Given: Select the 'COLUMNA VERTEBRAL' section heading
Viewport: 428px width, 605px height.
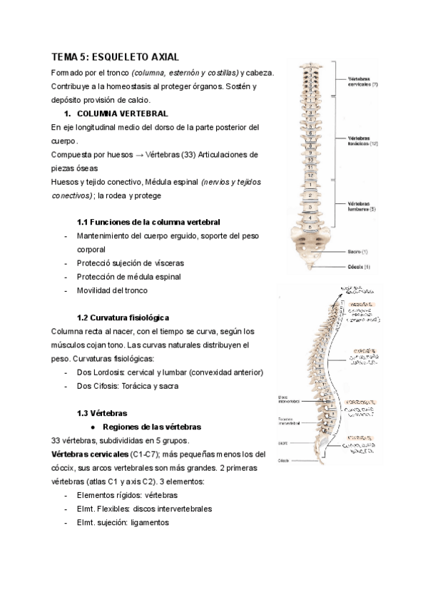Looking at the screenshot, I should point(122,113).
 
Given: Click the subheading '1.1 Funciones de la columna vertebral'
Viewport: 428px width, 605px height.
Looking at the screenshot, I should point(148,223).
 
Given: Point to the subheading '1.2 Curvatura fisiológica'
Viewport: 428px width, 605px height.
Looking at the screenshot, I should point(122,317).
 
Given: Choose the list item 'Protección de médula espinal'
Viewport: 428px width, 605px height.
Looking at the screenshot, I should point(129,277).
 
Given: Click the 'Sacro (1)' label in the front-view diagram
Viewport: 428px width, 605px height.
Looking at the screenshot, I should point(357,252).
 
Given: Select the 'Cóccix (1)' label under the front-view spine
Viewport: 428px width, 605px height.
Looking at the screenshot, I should point(358,267).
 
